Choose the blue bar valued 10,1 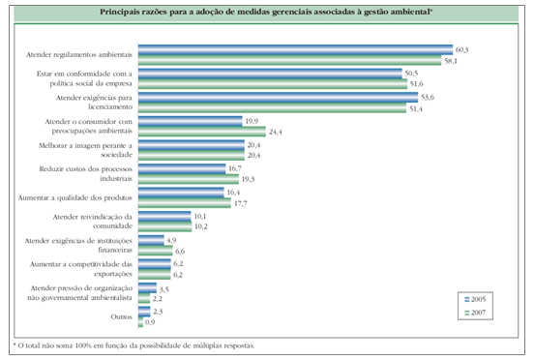(166, 215)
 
